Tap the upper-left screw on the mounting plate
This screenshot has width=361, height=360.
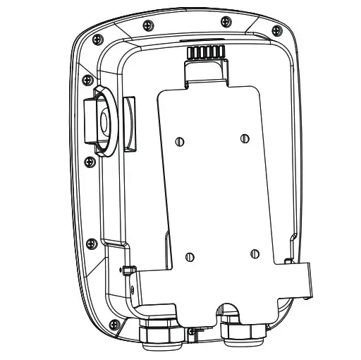coord(181,141)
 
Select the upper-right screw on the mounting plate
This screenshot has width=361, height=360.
coord(244,137)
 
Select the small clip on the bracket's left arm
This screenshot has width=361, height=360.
coord(128,269)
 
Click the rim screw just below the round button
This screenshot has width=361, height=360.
coord(89,162)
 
